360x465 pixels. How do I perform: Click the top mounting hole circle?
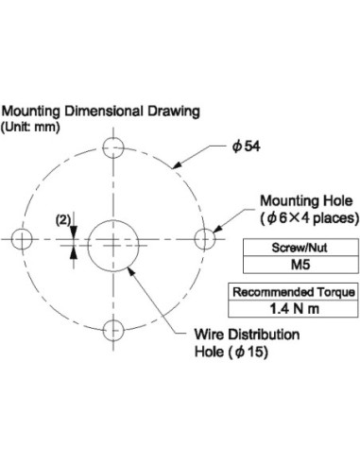[103, 147]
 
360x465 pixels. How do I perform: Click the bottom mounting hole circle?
[103, 330]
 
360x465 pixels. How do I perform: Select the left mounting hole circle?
[11, 239]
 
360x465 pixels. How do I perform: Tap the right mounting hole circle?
[195, 239]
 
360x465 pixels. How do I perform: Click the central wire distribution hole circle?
[88, 246]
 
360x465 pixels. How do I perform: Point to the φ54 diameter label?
[247, 146]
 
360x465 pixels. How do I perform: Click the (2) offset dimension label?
[63, 220]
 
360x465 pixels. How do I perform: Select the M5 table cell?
[300, 265]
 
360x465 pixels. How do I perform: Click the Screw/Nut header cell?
[300, 248]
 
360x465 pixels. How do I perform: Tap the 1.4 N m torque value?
[294, 309]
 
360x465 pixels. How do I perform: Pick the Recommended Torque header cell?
[294, 292]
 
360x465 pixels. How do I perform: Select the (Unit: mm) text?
[30, 128]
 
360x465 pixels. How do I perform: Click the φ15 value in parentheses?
[249, 352]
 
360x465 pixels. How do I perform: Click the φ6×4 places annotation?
[310, 218]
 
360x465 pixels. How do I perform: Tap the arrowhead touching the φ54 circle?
[177, 164]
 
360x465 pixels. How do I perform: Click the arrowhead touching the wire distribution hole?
[131, 271]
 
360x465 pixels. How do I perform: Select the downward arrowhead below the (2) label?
[74, 232]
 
